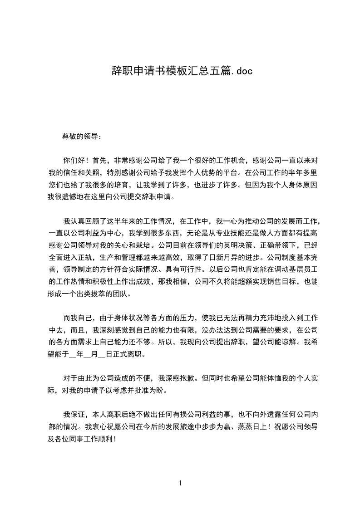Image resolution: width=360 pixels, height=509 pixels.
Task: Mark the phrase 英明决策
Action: click(x=223, y=246)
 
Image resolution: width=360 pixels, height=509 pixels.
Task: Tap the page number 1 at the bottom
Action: click(x=180, y=483)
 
